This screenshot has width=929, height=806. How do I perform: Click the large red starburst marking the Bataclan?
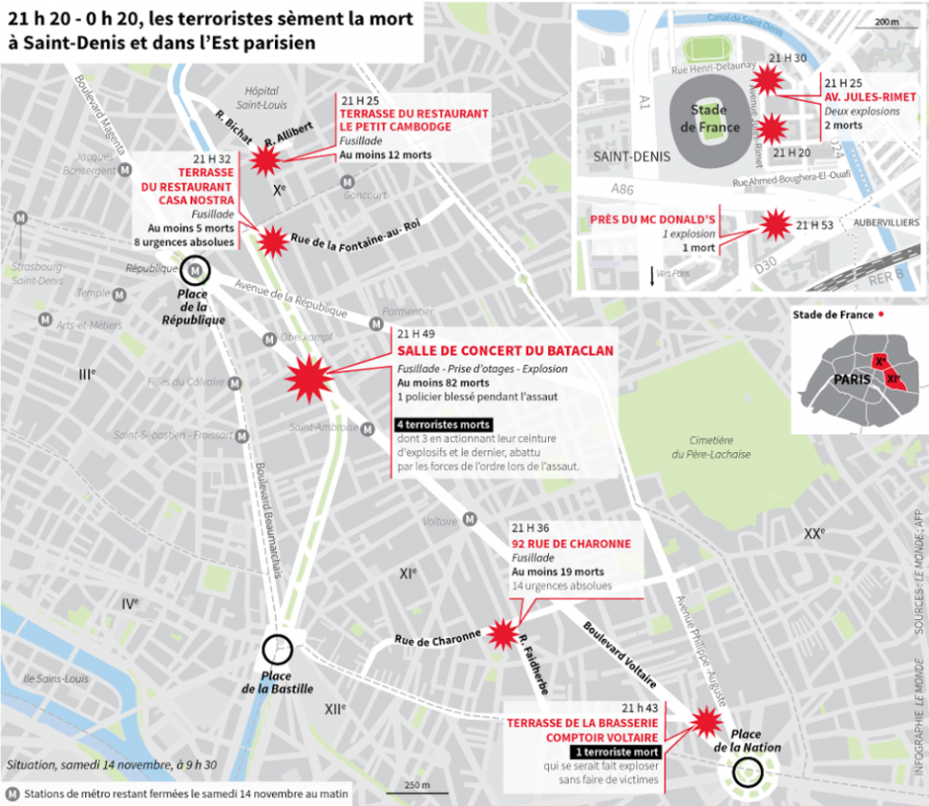[306, 378]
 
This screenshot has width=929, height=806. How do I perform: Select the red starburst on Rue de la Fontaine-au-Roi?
[272, 241]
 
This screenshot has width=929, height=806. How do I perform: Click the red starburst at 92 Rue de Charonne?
[501, 634]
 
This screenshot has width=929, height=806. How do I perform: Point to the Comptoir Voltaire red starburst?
[704, 722]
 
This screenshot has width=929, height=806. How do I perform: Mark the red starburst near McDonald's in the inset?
[775, 223]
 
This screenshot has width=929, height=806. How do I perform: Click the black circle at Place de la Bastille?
[277, 650]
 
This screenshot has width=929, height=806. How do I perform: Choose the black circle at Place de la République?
[195, 270]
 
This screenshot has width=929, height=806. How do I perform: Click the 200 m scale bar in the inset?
[884, 22]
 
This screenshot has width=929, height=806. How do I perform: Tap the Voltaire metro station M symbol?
[470, 519]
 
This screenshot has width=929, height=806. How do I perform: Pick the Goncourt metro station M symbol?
[347, 182]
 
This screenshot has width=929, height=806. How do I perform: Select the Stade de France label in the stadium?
[709, 118]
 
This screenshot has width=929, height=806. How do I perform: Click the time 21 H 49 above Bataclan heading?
[416, 333]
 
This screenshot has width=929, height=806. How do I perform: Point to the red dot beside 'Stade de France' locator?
[881, 315]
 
